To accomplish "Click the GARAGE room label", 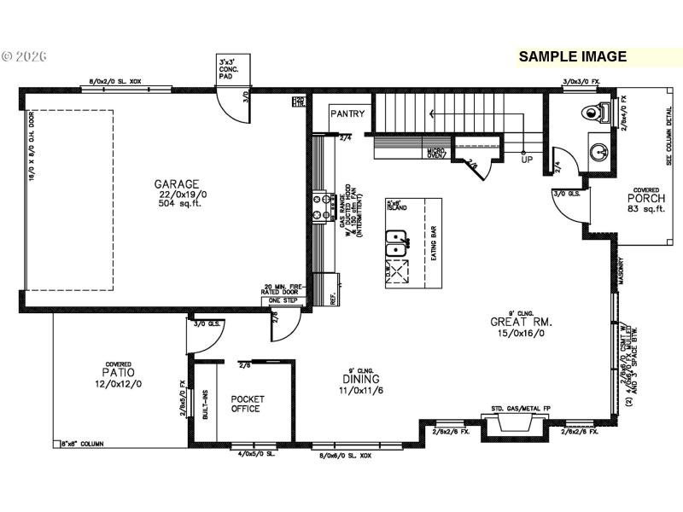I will click(x=177, y=183).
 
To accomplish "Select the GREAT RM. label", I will click(x=521, y=322).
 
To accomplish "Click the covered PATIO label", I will click(x=119, y=373).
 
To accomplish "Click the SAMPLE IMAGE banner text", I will click(x=573, y=57).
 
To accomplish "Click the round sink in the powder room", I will click(x=600, y=153).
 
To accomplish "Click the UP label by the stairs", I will click(x=527, y=160).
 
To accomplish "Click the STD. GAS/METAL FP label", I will click(x=521, y=410).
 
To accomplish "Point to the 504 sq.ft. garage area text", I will click(x=177, y=205).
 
